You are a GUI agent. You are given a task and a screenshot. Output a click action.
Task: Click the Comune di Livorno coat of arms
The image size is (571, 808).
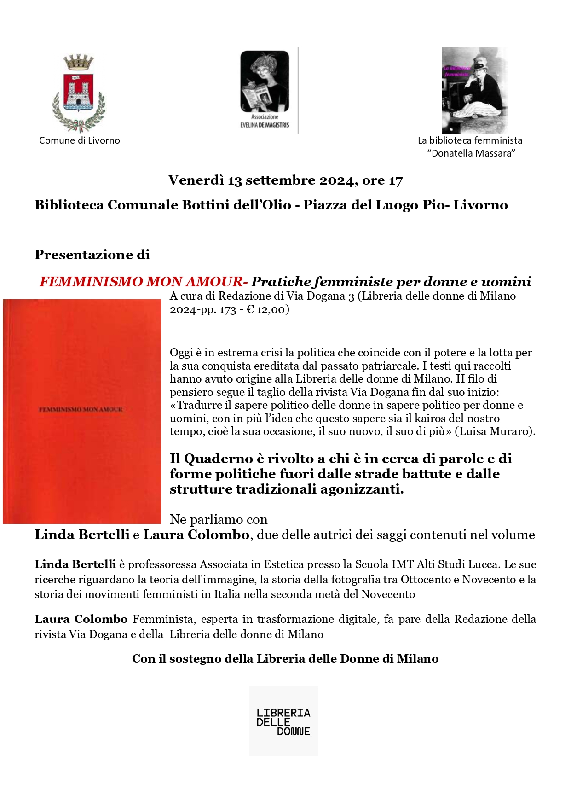(79, 93)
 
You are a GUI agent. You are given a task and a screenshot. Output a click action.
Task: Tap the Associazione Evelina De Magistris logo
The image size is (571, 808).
(265, 90)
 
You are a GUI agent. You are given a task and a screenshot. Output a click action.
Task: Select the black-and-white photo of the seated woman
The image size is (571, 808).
(474, 90)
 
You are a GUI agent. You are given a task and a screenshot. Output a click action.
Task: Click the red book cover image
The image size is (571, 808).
(82, 411)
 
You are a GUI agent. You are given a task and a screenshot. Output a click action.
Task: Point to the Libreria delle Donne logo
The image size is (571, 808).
(283, 721)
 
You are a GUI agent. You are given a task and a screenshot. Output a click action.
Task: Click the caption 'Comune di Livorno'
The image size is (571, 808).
(79, 140)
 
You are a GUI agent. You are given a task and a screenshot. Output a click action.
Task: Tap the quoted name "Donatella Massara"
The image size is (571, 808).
(471, 153)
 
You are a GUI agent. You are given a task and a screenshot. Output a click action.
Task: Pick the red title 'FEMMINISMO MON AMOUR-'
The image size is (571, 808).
(144, 282)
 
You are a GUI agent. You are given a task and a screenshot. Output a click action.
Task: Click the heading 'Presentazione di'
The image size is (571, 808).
(92, 255)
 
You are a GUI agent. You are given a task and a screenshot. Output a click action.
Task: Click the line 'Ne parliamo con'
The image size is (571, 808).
(219, 519)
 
